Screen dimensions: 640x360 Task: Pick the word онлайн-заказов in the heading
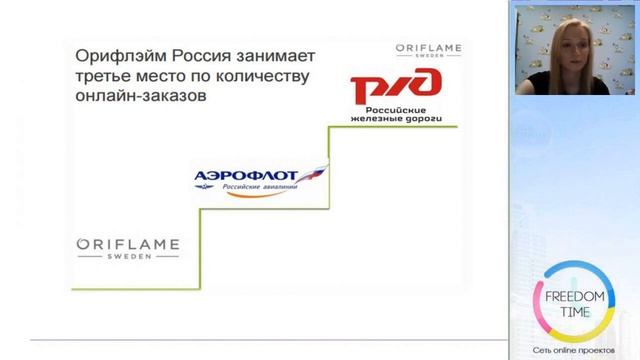[x=142, y=98]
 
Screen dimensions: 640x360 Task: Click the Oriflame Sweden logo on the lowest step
[x=128, y=247]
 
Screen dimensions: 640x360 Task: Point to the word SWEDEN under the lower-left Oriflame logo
[x=127, y=256]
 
